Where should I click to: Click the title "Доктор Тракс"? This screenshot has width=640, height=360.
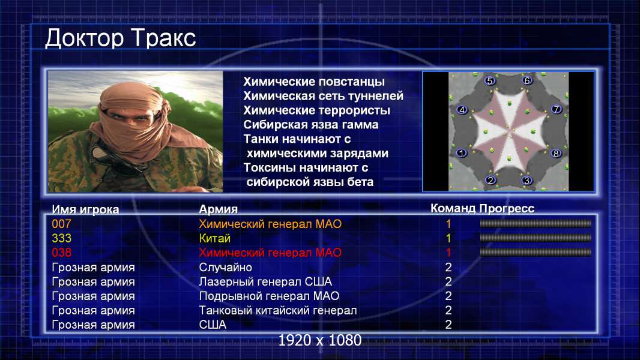coord(121,39)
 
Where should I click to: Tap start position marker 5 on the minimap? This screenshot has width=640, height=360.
coord(489,81)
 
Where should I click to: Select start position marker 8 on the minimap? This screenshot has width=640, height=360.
coord(556,154)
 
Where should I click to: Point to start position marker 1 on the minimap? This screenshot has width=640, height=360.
coord(462,153)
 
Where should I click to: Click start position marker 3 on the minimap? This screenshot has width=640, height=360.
coord(527,180)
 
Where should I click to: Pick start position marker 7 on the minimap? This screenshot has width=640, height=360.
coord(557,109)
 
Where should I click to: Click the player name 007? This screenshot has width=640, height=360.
coord(61,224)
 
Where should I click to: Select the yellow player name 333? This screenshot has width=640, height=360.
coord(61,238)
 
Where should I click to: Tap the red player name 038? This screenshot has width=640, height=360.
coord(61,253)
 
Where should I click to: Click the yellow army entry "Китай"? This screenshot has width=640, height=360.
coord(215,238)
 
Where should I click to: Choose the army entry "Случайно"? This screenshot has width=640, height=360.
coord(225,268)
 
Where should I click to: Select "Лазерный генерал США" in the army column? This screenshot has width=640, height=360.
coord(265,282)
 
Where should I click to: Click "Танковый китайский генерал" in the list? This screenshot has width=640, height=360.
coord(278,310)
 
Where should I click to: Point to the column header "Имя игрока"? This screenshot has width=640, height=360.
coord(85,209)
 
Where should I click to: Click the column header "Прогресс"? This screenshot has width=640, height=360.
coord(507,208)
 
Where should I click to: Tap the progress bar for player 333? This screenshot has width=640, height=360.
coord(536,238)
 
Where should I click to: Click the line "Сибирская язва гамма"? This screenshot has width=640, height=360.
coord(311,125)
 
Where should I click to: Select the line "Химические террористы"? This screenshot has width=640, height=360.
coord(317,110)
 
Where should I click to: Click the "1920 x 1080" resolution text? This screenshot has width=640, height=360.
coord(320,340)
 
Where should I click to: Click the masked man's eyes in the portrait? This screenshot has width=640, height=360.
coord(130,118)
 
